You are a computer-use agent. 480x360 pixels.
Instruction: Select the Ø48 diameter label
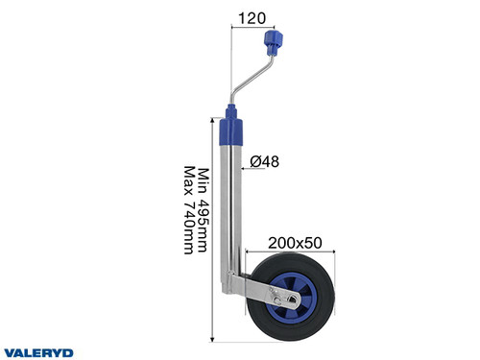click(265, 161)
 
